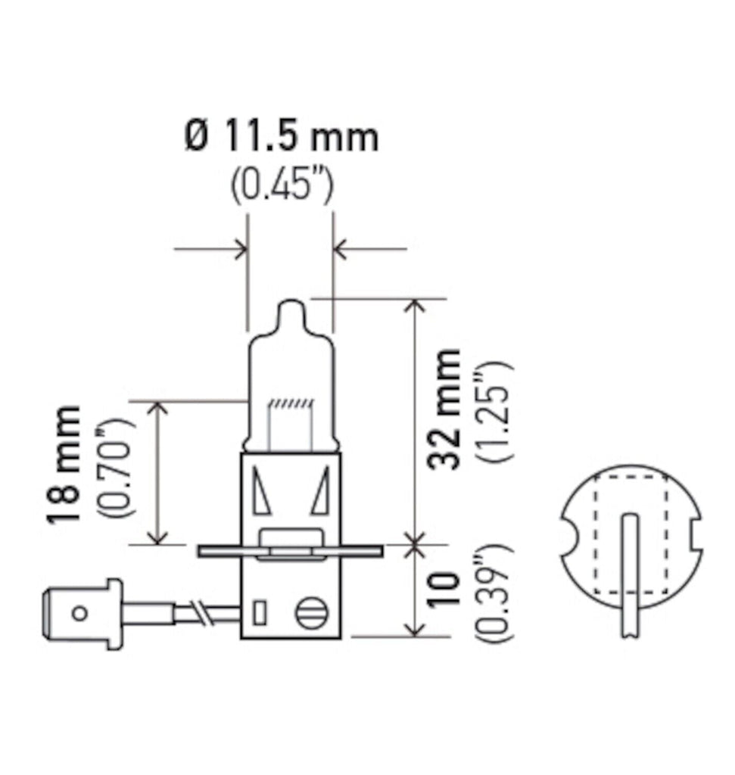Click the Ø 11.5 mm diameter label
pos(281,138)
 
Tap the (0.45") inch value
pos(282,184)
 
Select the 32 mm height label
pos(445,409)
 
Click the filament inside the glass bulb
pos(291,405)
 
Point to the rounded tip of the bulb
pos(291,309)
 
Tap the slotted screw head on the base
pos(310,612)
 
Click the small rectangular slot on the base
pos(260,612)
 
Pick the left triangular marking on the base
pos(261,491)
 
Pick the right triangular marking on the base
pos(321,491)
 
